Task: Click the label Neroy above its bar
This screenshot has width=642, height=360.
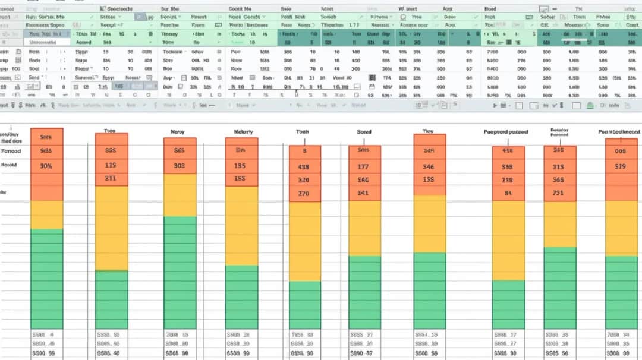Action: pyautogui.click(x=177, y=131)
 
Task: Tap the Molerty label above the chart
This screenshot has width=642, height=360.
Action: pyautogui.click(x=243, y=131)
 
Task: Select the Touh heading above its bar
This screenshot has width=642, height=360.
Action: pyautogui.click(x=303, y=131)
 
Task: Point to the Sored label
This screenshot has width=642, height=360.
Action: pyautogui.click(x=364, y=131)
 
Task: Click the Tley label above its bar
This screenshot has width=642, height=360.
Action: pyautogui.click(x=428, y=131)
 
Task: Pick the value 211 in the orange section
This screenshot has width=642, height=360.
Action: pyautogui.click(x=111, y=178)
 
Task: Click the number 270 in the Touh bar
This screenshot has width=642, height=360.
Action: pyautogui.click(x=303, y=193)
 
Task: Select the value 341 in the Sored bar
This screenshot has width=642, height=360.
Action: pyautogui.click(x=364, y=192)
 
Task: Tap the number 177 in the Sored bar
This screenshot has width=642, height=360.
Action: pyautogui.click(x=364, y=167)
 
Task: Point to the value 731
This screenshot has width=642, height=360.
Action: pyautogui.click(x=558, y=192)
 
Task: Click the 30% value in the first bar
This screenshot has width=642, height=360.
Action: pyautogui.click(x=46, y=166)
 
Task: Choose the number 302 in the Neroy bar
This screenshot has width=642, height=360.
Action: pyautogui.click(x=180, y=166)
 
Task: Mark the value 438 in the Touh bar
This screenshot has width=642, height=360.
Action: pyautogui.click(x=303, y=167)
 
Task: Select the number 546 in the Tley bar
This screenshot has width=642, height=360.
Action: pyautogui.click(x=428, y=167)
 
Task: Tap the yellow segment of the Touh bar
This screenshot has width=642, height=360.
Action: pyautogui.click(x=304, y=241)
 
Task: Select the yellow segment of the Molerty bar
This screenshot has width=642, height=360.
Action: pyautogui.click(x=242, y=226)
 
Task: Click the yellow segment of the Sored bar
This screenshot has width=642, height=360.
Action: pyautogui.click(x=364, y=228)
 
